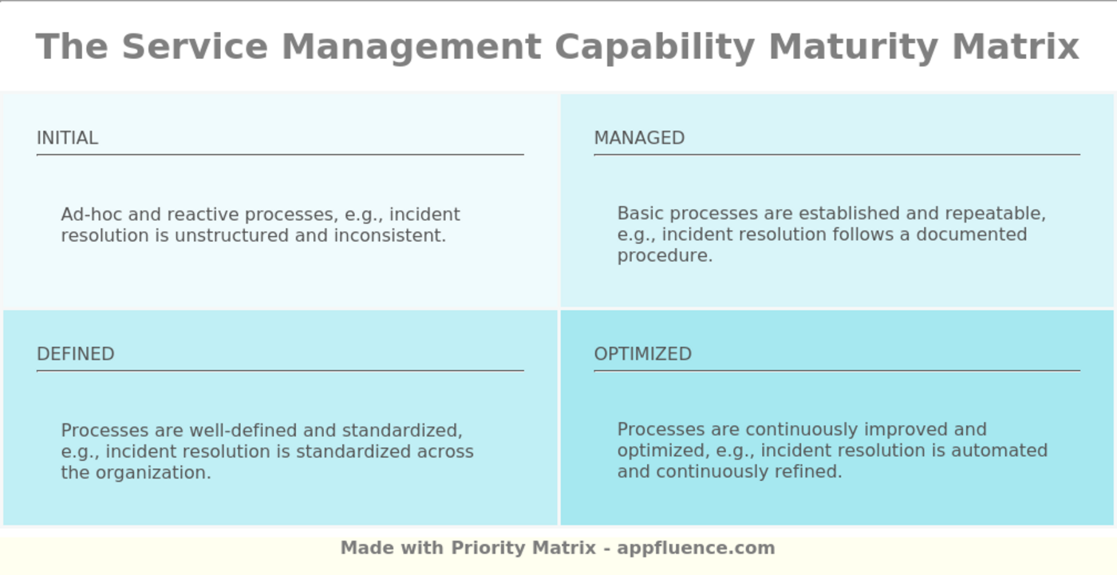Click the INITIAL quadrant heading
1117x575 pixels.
(x=67, y=138)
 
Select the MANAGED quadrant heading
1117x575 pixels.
(x=639, y=138)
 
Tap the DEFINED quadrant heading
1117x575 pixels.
(x=76, y=354)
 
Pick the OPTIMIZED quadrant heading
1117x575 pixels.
(x=643, y=354)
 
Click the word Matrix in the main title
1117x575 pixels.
(x=1016, y=47)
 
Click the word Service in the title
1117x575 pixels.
(x=195, y=47)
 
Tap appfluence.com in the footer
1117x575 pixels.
(x=696, y=548)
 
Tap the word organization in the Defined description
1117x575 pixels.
(x=153, y=473)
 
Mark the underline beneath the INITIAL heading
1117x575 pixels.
(x=280, y=155)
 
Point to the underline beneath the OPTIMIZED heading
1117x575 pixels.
(x=837, y=371)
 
